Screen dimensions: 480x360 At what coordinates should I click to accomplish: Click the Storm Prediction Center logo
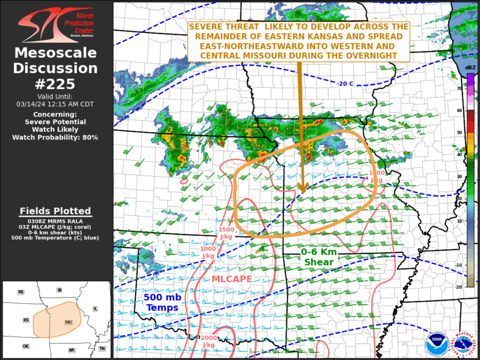(x=57, y=24)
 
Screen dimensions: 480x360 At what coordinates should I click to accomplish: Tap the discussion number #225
(x=56, y=84)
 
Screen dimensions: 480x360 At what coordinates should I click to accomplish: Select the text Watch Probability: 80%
(x=56, y=137)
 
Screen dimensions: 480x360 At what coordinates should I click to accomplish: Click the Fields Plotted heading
(x=56, y=210)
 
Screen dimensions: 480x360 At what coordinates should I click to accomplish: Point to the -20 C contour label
(x=346, y=84)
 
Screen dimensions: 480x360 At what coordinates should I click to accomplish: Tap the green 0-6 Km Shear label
(x=319, y=256)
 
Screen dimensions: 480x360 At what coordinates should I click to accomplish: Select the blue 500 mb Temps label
(x=162, y=302)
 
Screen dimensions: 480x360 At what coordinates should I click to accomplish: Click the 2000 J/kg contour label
(x=208, y=341)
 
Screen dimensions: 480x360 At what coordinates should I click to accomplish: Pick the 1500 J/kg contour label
(x=227, y=233)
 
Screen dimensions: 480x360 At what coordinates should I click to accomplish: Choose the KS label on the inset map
(x=26, y=321)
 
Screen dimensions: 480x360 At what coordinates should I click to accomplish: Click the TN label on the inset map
(x=102, y=349)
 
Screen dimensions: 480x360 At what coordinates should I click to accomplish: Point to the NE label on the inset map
(x=21, y=292)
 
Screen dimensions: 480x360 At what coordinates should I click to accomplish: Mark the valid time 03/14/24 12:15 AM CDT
(x=56, y=104)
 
